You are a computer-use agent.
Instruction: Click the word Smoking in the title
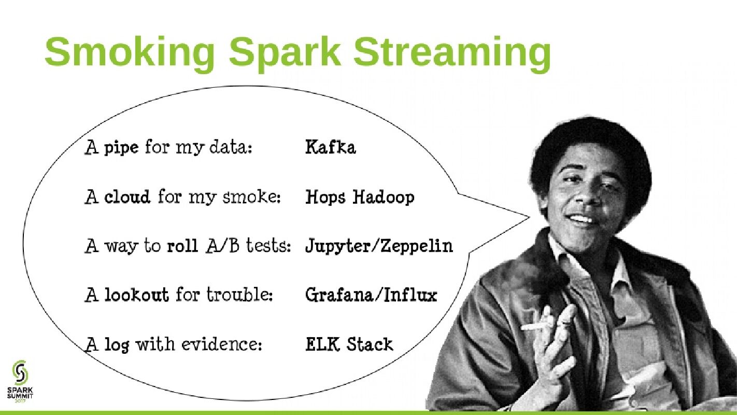tap(130, 52)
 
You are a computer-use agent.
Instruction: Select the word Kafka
tap(331, 147)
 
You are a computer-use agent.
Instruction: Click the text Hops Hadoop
tap(360, 197)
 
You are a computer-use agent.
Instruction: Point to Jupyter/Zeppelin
tap(379, 245)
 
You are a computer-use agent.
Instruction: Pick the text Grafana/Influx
tap(371, 295)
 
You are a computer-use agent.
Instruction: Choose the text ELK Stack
tap(349, 344)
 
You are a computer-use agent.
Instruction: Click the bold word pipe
tap(121, 148)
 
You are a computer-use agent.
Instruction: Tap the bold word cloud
tap(127, 197)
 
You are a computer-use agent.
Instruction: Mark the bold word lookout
tap(136, 295)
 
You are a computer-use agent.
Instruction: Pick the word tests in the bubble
tap(268, 245)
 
